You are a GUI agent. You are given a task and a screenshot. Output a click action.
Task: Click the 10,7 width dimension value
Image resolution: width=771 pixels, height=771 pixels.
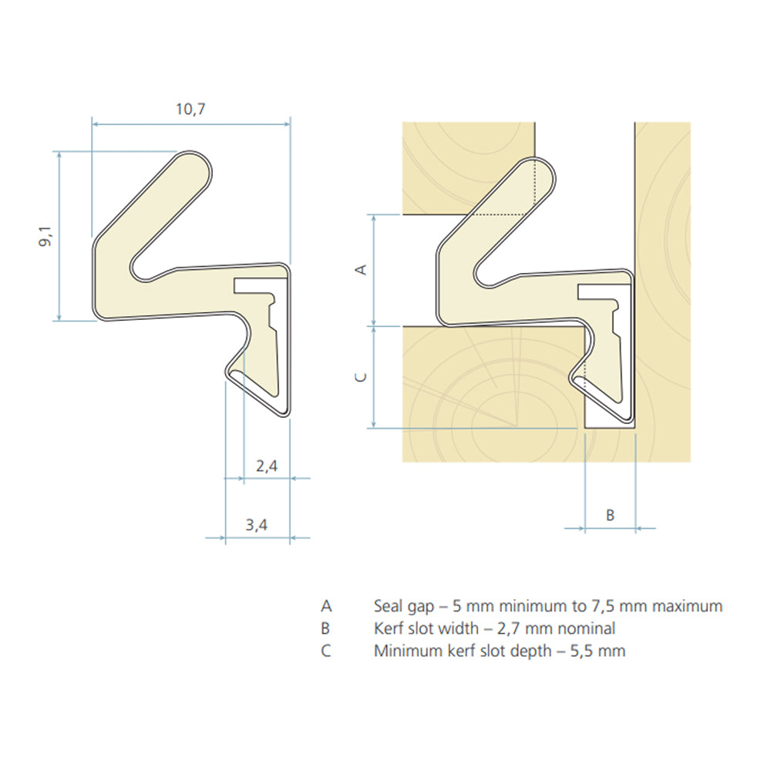190,109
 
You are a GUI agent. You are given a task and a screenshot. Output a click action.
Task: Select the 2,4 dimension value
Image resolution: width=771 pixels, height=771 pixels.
266,465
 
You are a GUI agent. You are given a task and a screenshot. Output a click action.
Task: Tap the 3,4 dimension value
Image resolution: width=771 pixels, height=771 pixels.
257,526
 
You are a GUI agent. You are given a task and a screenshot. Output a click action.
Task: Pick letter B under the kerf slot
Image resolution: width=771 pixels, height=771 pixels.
609,515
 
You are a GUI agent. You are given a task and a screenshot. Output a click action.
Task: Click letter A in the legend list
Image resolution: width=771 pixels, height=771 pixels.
326,606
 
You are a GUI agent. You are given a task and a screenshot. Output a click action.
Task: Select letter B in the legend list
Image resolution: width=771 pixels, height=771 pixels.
325,628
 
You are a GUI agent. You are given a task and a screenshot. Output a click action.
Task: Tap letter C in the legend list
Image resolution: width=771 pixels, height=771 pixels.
326,651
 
